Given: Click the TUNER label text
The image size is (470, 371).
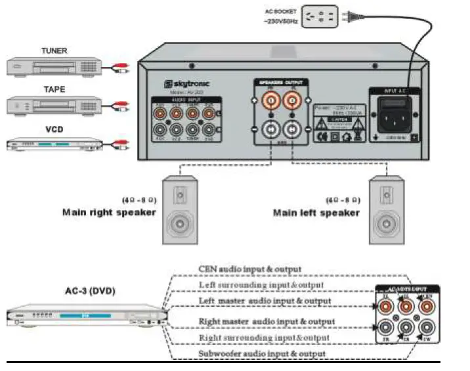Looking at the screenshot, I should (x=54, y=51).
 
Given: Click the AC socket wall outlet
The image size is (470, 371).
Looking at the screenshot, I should (x=319, y=16).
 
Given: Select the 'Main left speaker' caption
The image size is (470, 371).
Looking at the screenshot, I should (x=316, y=213).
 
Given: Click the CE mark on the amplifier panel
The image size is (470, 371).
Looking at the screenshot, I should (x=322, y=137).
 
